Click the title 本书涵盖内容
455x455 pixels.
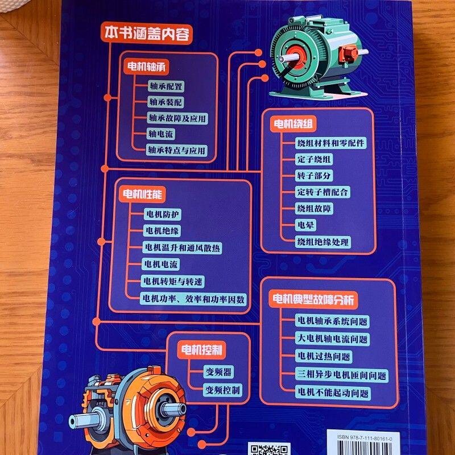147,32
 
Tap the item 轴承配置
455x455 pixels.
166,86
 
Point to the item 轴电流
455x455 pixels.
161,134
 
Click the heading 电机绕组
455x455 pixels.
295,123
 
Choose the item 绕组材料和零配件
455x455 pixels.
331,142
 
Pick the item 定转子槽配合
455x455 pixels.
323,192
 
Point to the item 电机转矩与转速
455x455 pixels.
173,282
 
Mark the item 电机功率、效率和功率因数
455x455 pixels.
194,299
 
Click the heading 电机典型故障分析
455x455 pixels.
313,299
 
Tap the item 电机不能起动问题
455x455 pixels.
333,392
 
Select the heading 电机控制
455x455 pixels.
201,348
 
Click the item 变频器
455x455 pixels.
218,373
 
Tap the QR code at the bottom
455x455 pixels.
270,449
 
